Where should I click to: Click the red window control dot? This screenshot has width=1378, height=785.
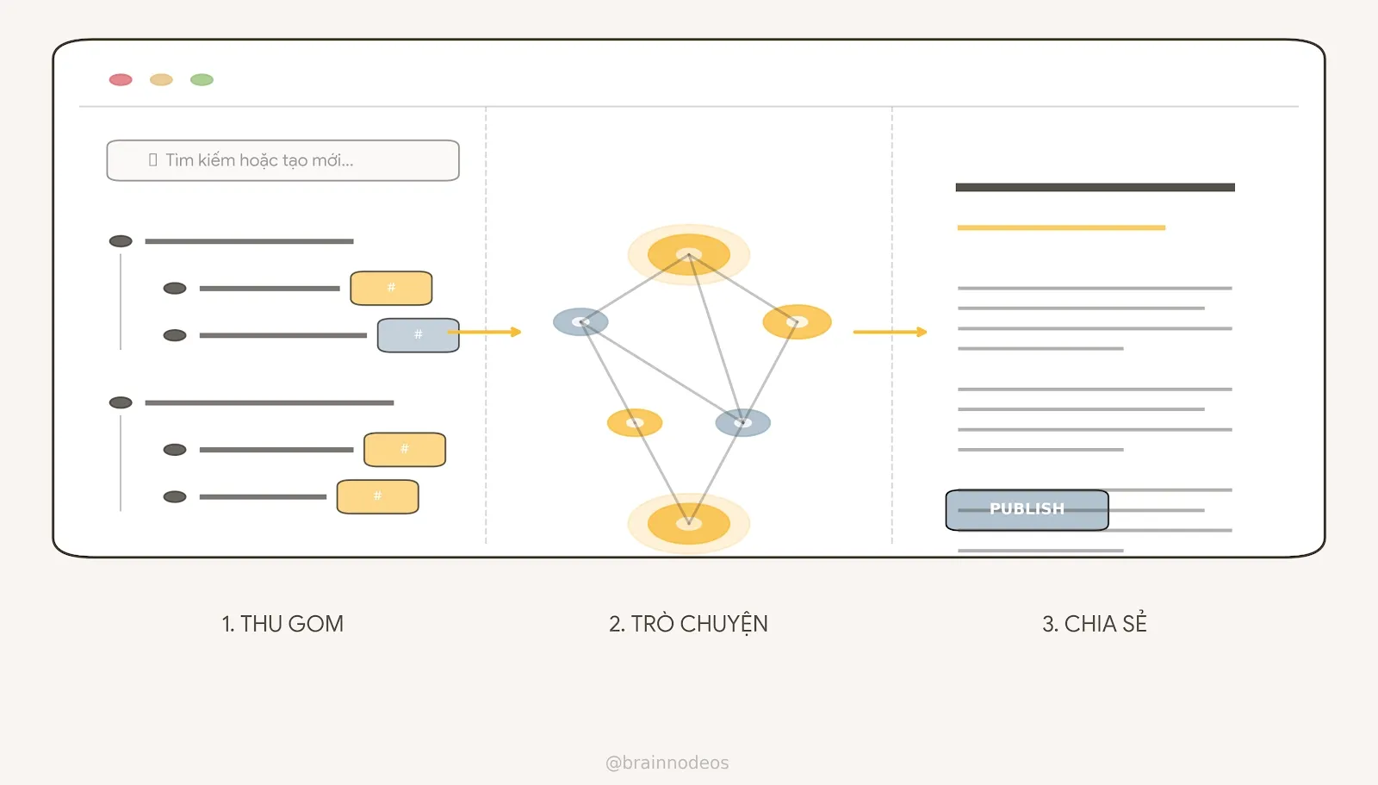[x=121, y=80]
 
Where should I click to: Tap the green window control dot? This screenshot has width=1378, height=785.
[x=202, y=80]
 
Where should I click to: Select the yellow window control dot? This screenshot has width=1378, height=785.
[x=161, y=80]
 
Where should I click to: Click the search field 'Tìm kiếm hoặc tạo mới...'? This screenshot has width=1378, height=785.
[x=282, y=160]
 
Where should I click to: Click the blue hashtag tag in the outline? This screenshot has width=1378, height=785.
[x=418, y=335]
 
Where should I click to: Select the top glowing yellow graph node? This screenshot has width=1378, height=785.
[x=688, y=254]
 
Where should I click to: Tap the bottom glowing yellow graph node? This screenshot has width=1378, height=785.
[x=688, y=523]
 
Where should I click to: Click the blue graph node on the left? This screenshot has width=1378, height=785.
[x=580, y=322]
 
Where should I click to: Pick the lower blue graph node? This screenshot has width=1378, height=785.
[x=742, y=422]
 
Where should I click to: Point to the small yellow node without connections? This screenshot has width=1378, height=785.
[x=635, y=422]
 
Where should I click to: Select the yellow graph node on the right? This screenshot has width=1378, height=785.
[x=797, y=322]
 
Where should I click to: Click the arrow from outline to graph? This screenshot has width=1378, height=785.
[x=487, y=332]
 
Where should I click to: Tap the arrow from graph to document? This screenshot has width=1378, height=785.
[x=890, y=332]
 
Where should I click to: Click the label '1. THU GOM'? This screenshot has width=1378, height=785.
[x=282, y=624]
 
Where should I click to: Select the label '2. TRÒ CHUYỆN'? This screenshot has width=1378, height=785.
[x=688, y=624]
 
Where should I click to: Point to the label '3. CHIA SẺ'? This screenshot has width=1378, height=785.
[x=1095, y=624]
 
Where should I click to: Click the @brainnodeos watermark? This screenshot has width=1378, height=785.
[x=667, y=763]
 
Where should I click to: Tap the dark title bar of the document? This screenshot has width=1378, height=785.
[x=1095, y=187]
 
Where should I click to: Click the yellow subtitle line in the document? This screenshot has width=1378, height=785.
[x=1061, y=227]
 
